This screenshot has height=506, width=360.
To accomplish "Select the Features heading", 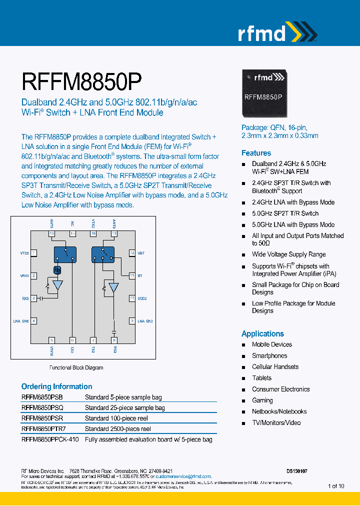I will pos(256,153).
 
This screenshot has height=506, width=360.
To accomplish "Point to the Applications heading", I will pos(262,333).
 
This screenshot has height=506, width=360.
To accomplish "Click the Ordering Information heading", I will pos(56,386).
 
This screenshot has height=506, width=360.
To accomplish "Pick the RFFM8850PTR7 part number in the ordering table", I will pos(43,429).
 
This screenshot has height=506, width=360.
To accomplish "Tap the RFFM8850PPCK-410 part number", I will pos(50,439).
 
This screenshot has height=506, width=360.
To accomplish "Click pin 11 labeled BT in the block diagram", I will pos(132,275).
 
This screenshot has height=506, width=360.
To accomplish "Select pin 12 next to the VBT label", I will pos(132,253).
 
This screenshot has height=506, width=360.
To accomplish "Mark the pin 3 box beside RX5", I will pos(33,298).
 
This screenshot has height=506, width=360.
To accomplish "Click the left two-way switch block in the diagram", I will pos(65,254).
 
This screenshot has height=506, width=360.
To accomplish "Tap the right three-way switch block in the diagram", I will pos(103,254).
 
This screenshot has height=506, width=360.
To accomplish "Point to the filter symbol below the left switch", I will pos(57,270).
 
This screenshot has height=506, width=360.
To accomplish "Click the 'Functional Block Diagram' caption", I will pos(76,367).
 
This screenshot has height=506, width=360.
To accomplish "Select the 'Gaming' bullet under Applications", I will pos(262,400).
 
